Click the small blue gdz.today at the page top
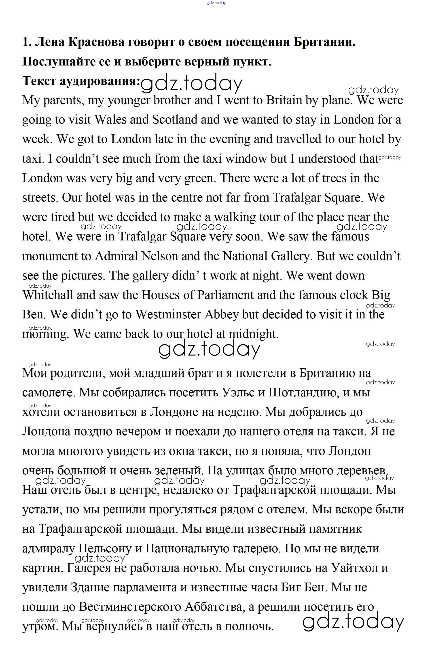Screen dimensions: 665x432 (216, 3)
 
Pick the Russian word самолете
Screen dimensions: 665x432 (48, 393)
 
